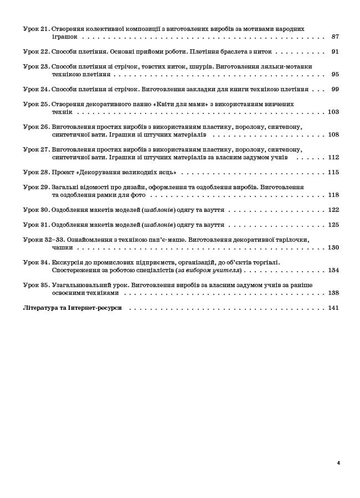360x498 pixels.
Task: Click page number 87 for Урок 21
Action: pos(335,37)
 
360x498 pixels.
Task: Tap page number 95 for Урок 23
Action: pos(335,74)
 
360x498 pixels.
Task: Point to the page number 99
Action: pos(335,89)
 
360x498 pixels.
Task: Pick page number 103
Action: pos(333,112)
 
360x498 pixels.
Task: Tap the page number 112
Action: pos(333,157)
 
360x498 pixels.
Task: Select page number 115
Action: pos(333,172)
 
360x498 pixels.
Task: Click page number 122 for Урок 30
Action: pos(333,210)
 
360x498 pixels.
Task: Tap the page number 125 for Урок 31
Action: pos(333,225)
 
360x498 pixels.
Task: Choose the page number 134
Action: pos(333,271)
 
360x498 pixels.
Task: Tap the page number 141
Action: pos(333,308)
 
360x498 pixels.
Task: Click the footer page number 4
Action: pos(338,463)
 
